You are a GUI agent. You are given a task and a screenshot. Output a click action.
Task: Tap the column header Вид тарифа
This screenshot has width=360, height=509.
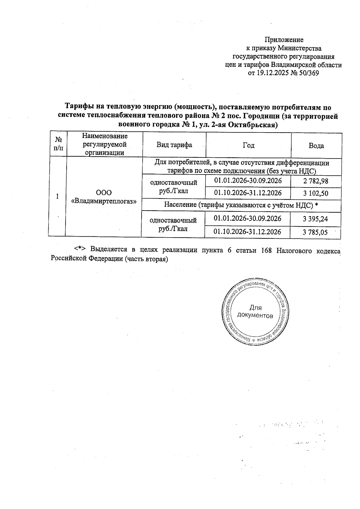(174, 145)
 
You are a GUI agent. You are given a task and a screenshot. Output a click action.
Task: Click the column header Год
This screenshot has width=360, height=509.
(248, 145)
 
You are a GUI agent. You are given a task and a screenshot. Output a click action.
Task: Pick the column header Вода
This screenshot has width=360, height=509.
(316, 146)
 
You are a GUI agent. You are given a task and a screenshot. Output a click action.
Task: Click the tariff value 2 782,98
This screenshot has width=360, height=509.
(316, 181)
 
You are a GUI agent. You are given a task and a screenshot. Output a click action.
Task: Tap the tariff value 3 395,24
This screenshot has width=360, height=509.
(315, 219)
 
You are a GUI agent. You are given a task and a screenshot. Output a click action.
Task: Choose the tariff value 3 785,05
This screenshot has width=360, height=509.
(315, 232)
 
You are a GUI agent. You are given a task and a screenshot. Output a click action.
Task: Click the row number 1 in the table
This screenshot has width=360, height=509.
(57, 196)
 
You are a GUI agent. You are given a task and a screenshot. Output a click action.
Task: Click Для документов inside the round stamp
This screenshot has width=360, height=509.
(255, 312)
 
